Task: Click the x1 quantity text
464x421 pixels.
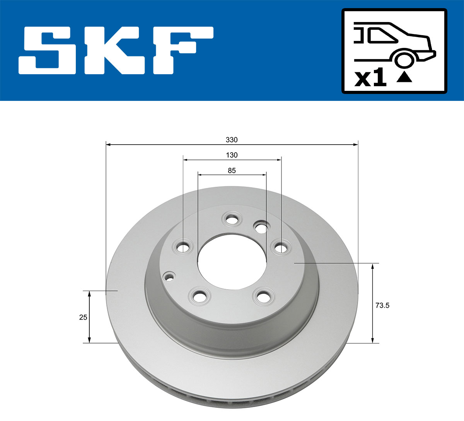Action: click(370, 78)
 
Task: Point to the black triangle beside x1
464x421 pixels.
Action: click(404, 77)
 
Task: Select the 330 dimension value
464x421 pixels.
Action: click(232, 140)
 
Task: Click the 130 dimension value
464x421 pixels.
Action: click(232, 155)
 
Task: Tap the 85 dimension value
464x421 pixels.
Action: click(232, 170)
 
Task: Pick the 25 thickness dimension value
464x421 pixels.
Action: click(83, 317)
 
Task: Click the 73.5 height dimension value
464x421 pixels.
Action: click(382, 305)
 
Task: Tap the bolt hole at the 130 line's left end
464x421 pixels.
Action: click(183, 246)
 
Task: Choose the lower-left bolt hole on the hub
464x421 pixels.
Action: click(200, 297)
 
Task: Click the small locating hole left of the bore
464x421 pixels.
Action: click(169, 276)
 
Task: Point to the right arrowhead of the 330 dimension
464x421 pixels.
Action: click(356, 145)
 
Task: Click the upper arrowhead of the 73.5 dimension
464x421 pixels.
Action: click(373, 266)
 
